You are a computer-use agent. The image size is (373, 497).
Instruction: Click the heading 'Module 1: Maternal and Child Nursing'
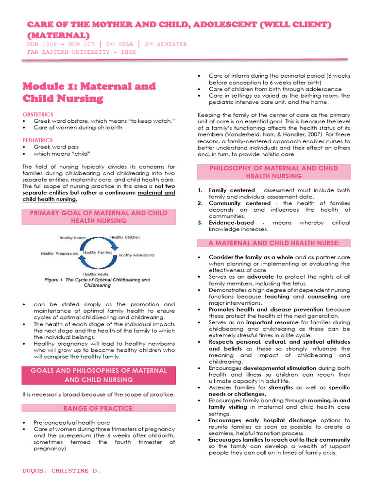(89, 92)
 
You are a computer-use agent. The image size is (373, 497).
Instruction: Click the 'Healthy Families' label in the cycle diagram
(97, 252)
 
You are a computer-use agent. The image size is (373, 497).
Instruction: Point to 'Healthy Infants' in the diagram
(72, 238)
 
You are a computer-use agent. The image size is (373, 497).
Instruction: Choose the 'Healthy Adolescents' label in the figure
(136, 255)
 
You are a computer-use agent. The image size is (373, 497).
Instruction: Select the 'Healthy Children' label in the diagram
(125, 237)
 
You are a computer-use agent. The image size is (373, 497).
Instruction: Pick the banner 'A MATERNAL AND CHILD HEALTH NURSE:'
(273, 243)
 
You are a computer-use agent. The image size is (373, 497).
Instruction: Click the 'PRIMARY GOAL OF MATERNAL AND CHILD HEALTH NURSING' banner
(99, 216)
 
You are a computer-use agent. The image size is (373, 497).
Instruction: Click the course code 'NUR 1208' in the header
(40, 44)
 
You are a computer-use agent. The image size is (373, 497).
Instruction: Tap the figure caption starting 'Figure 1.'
(97, 282)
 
